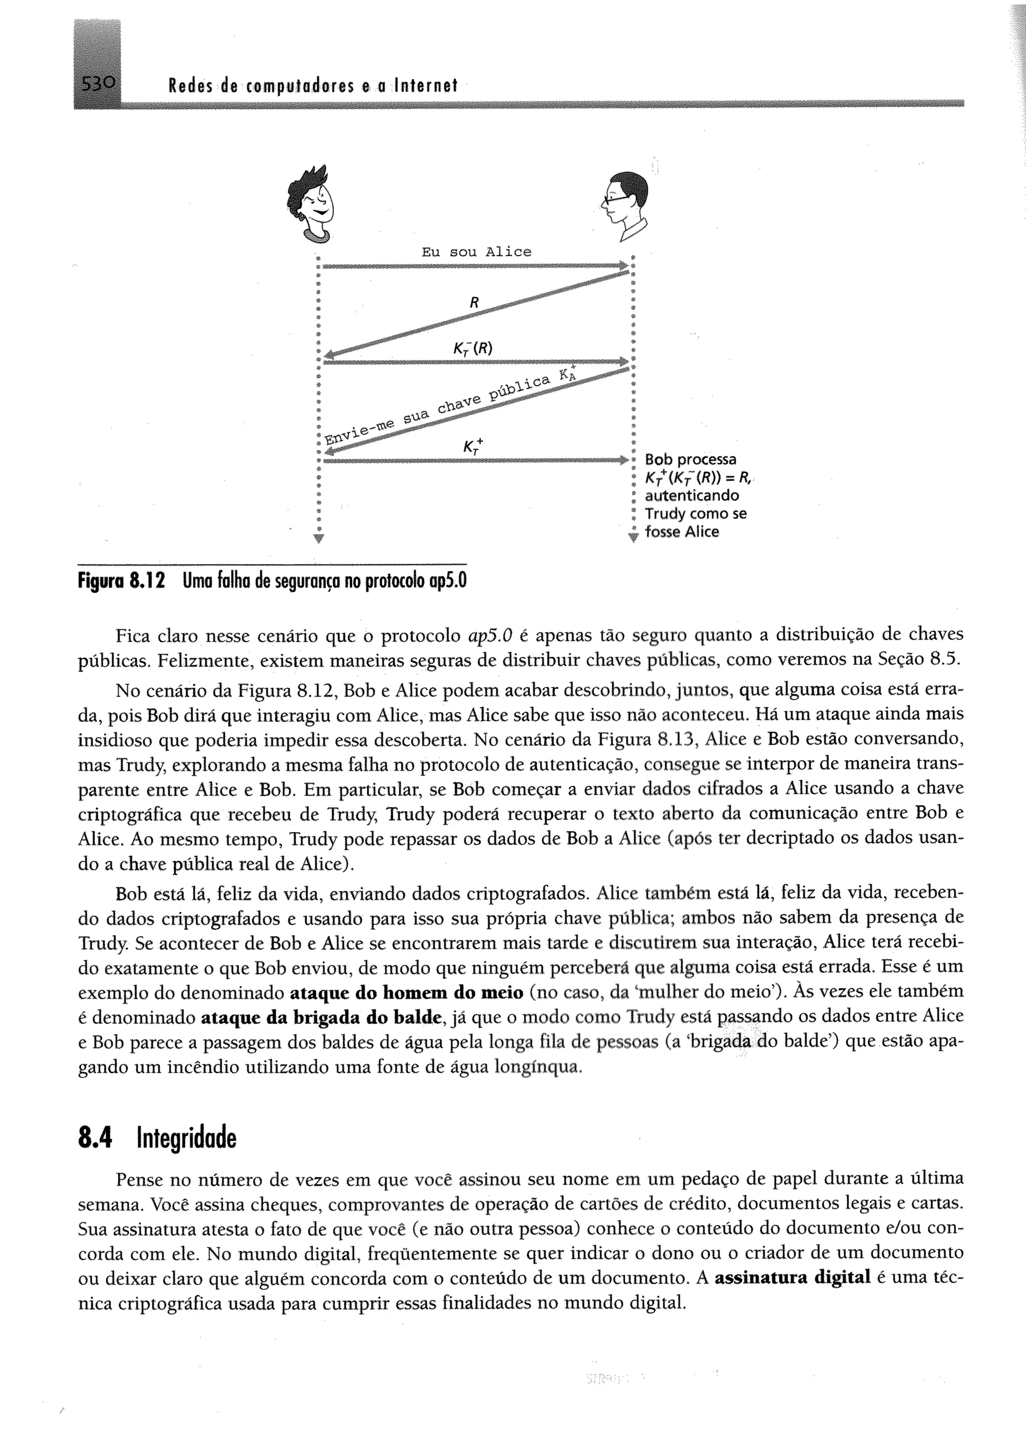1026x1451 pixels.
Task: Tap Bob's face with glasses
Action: click(624, 202)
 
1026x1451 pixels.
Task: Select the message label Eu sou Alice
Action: click(476, 252)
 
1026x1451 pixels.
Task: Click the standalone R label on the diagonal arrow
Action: click(474, 303)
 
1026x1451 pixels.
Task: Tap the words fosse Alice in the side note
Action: click(682, 532)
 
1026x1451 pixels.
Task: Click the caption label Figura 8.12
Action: click(121, 580)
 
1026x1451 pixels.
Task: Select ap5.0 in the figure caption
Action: click(447, 580)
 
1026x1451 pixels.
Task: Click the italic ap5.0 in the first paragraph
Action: click(489, 635)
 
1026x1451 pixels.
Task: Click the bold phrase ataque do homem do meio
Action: click(406, 992)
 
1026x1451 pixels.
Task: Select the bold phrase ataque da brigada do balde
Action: click(322, 1018)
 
